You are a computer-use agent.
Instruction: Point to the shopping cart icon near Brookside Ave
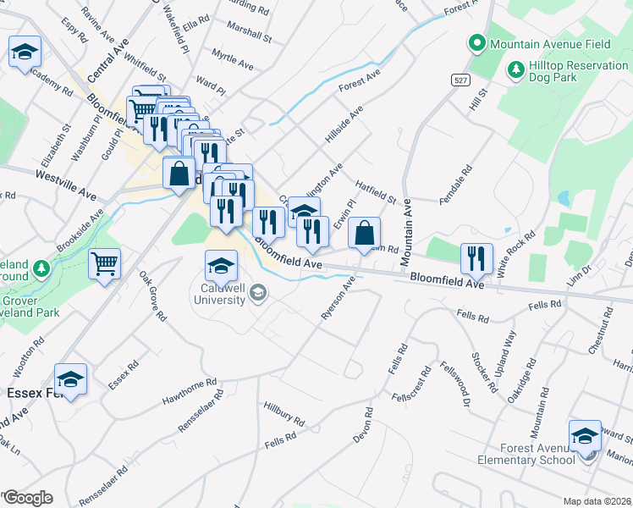click(x=105, y=264)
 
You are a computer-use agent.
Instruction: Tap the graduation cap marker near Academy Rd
click(x=25, y=52)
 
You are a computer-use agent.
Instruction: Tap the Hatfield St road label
click(x=377, y=189)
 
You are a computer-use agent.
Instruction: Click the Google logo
click(x=27, y=498)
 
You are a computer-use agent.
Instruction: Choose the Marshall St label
click(x=249, y=36)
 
